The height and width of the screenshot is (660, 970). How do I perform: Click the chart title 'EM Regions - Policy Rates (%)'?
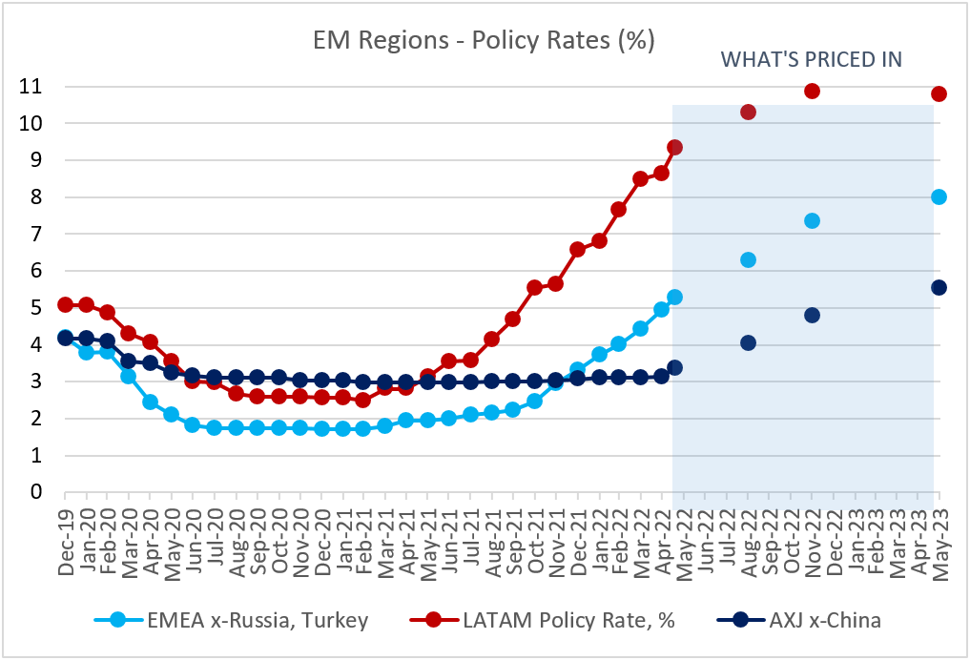pyautogui.click(x=484, y=41)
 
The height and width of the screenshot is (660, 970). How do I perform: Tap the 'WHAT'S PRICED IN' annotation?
pyautogui.click(x=811, y=59)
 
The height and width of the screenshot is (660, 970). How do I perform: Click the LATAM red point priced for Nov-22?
pyautogui.click(x=813, y=91)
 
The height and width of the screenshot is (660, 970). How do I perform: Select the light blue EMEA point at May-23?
pyautogui.click(x=939, y=197)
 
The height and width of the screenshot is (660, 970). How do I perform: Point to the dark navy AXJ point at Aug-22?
pyautogui.click(x=748, y=343)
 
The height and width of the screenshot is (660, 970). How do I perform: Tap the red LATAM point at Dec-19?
pyautogui.click(x=66, y=305)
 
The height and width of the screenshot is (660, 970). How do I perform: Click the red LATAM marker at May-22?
pyautogui.click(x=675, y=148)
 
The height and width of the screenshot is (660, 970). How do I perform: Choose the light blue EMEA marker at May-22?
pyautogui.click(x=675, y=297)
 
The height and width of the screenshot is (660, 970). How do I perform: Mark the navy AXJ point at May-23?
pyautogui.click(x=939, y=287)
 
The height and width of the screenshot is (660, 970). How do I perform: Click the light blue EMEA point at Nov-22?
pyautogui.click(x=813, y=221)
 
